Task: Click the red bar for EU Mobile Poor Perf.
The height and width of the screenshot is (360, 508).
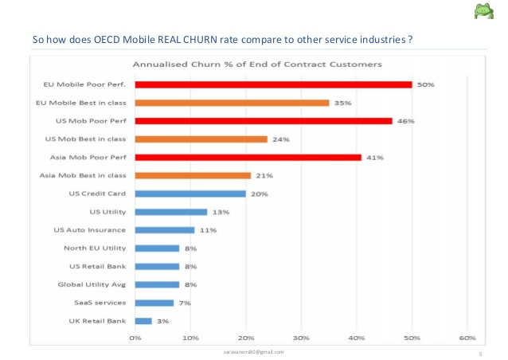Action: click(x=273, y=84)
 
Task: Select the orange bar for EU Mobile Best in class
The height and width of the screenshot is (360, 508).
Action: click(x=232, y=103)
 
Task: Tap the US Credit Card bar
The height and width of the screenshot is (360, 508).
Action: click(x=190, y=194)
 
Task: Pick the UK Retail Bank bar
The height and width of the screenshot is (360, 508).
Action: click(x=143, y=321)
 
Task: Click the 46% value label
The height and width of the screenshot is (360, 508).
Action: click(x=406, y=121)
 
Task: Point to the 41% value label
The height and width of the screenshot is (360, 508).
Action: click(x=375, y=158)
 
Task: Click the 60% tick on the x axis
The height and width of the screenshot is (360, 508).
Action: click(x=467, y=338)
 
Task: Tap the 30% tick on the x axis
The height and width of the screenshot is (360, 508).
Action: click(x=301, y=338)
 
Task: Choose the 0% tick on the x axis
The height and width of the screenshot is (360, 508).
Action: click(x=135, y=338)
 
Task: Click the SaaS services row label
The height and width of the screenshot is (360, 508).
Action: click(x=98, y=303)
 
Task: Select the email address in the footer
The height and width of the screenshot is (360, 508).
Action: click(x=255, y=351)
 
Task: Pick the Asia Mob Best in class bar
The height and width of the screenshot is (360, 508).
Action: click(x=193, y=175)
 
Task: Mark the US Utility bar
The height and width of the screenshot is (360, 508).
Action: click(x=171, y=212)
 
